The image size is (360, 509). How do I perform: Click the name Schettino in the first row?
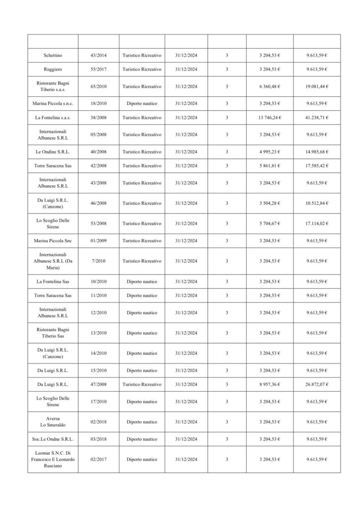pos(52,55)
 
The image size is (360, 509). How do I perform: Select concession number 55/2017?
pos(98,69)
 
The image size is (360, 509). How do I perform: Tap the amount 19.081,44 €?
pos(317,86)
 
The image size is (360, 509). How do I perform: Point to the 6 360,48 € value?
pos(270,86)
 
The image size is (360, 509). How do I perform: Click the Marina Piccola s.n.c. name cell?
pos(52,103)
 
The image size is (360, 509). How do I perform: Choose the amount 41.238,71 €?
pos(317,117)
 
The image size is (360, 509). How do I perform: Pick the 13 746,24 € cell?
pos(270,117)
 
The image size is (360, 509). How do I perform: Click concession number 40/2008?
pos(98,152)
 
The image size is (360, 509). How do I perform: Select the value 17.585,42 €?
pos(317,166)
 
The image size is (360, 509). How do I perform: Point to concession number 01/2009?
pos(98,241)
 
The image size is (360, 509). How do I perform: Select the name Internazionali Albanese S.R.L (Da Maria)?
pos(52,261)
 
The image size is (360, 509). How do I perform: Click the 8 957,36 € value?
pos(270,384)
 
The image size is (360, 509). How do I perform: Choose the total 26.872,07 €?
pos(317,384)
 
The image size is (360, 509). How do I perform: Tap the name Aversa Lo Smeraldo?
pos(52,422)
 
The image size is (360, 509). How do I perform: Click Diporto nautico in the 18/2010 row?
pos(142,103)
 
